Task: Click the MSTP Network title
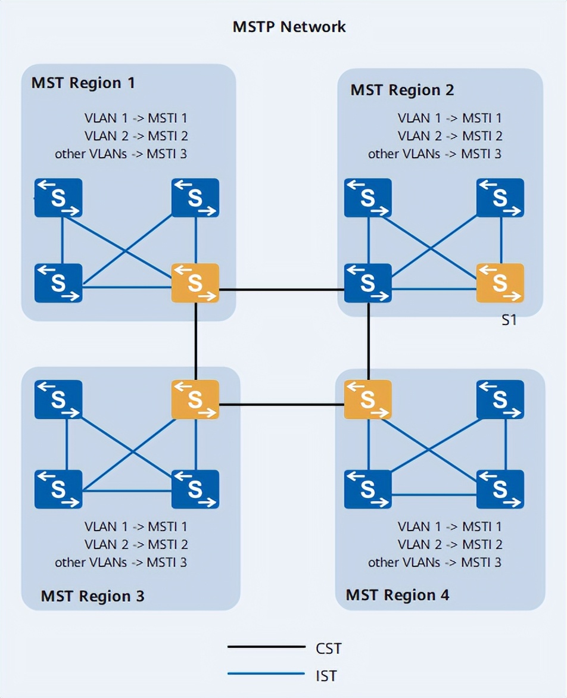pyautogui.click(x=289, y=27)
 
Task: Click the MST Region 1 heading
pyautogui.click(x=83, y=83)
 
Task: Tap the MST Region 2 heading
pyautogui.click(x=402, y=90)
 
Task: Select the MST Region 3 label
pyautogui.click(x=92, y=596)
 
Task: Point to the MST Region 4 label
pyautogui.click(x=397, y=594)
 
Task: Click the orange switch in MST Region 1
pyautogui.click(x=195, y=283)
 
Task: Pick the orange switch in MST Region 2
pyautogui.click(x=500, y=283)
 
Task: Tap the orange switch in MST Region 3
pyautogui.click(x=195, y=399)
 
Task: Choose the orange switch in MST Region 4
pyautogui.click(x=368, y=399)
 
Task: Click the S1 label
pyautogui.click(x=508, y=320)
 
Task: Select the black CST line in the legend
pyautogui.click(x=266, y=647)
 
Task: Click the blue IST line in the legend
pyautogui.click(x=266, y=674)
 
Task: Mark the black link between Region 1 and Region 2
pyautogui.click(x=282, y=290)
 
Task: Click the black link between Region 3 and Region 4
pyautogui.click(x=282, y=406)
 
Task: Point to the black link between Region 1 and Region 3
pyautogui.click(x=195, y=341)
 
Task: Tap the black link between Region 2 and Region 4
pyautogui.click(x=369, y=341)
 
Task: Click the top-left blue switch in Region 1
pyautogui.click(x=58, y=198)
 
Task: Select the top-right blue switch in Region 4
pyautogui.click(x=500, y=399)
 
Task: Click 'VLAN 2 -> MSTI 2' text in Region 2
pyautogui.click(x=450, y=136)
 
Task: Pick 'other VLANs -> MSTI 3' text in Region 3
pyautogui.click(x=121, y=562)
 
